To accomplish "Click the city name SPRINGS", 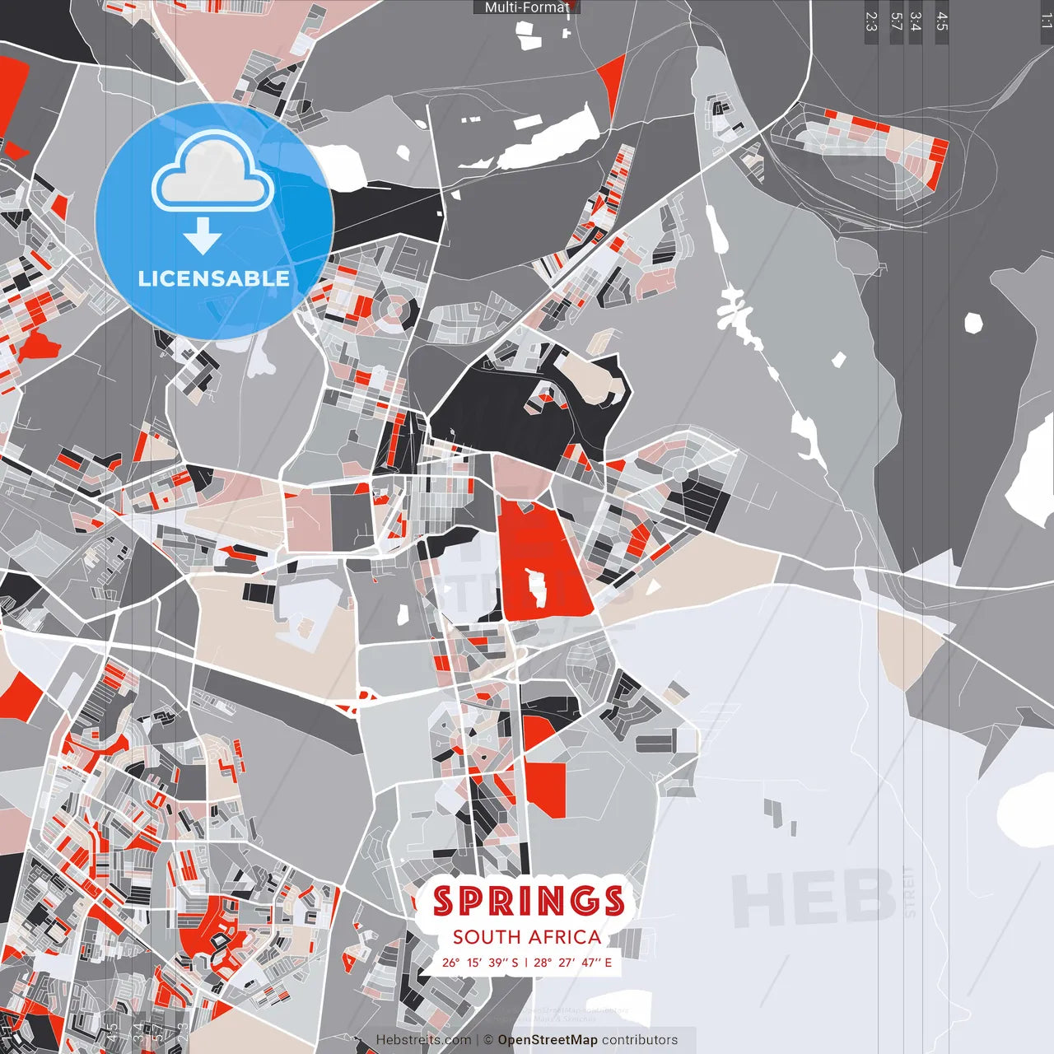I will [528, 901].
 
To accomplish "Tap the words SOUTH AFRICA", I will [527, 937].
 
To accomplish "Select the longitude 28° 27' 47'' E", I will [573, 963].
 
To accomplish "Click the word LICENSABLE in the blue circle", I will [214, 278].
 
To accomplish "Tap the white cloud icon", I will [213, 173].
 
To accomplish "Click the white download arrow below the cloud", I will [202, 236].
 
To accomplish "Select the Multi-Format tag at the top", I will [526, 7].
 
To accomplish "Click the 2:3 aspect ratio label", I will [870, 21].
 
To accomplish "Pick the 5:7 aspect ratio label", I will [896, 21].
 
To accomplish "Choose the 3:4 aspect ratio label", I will [915, 21].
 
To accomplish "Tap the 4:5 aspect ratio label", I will [941, 21].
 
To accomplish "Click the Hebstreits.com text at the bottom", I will [423, 1040].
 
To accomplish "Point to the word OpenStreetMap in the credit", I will [547, 1040].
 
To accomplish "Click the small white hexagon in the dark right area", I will [973, 323].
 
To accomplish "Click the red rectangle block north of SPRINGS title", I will [546, 789].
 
